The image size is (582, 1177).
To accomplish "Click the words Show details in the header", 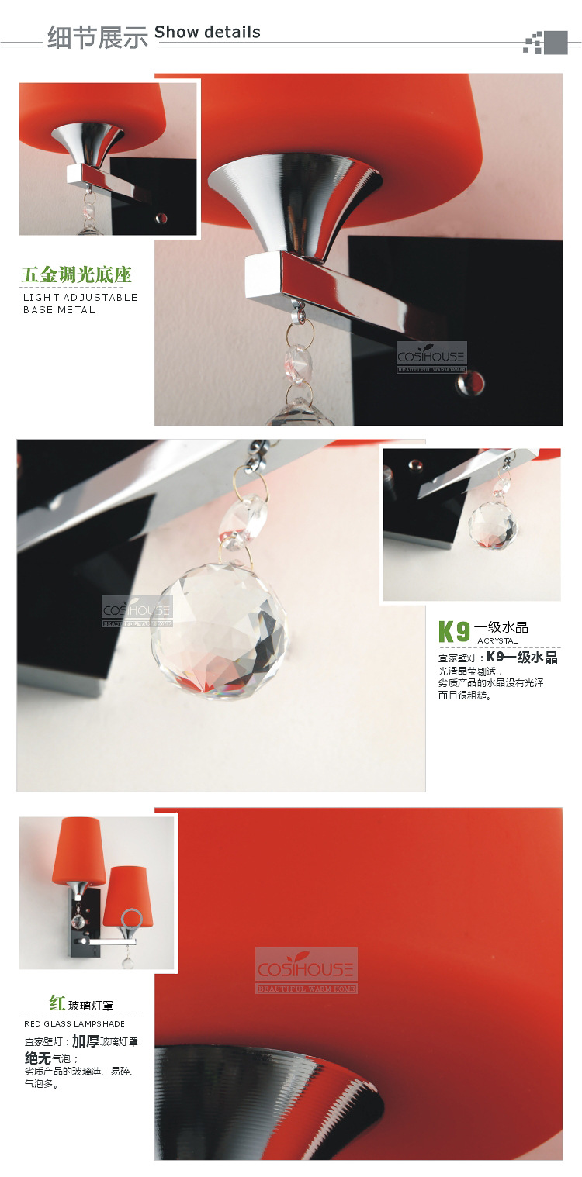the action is [207, 32].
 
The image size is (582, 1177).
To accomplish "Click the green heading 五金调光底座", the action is [76, 274].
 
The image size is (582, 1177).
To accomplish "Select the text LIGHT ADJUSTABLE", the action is [80, 298].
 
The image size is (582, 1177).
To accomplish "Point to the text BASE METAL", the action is [59, 310].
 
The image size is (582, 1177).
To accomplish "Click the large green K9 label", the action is [454, 632].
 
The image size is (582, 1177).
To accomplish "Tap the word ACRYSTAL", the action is [497, 640].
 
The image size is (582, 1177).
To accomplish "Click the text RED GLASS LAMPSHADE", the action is [74, 1023].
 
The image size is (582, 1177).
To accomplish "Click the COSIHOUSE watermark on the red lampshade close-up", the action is [306, 971].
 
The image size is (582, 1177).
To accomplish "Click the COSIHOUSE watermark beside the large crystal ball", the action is [137, 611].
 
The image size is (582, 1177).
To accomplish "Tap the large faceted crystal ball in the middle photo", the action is [220, 631].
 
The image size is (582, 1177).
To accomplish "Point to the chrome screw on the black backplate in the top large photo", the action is [470, 382].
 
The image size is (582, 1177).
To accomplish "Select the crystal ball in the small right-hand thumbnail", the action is [493, 526].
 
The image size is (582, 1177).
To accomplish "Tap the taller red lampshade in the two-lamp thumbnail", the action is [78, 850].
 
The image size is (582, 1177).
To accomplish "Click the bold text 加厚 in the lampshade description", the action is [85, 1041].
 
